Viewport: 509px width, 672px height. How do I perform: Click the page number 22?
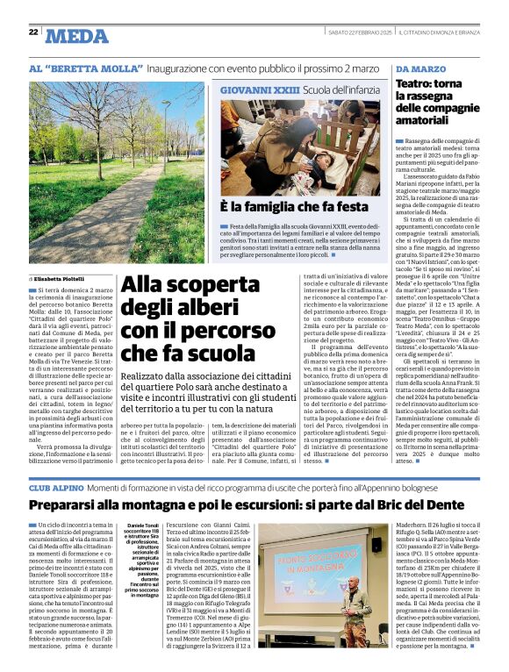click(33, 32)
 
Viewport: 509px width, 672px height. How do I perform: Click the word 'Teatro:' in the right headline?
click(418, 84)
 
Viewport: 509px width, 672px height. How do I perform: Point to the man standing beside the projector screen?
click(355, 604)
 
